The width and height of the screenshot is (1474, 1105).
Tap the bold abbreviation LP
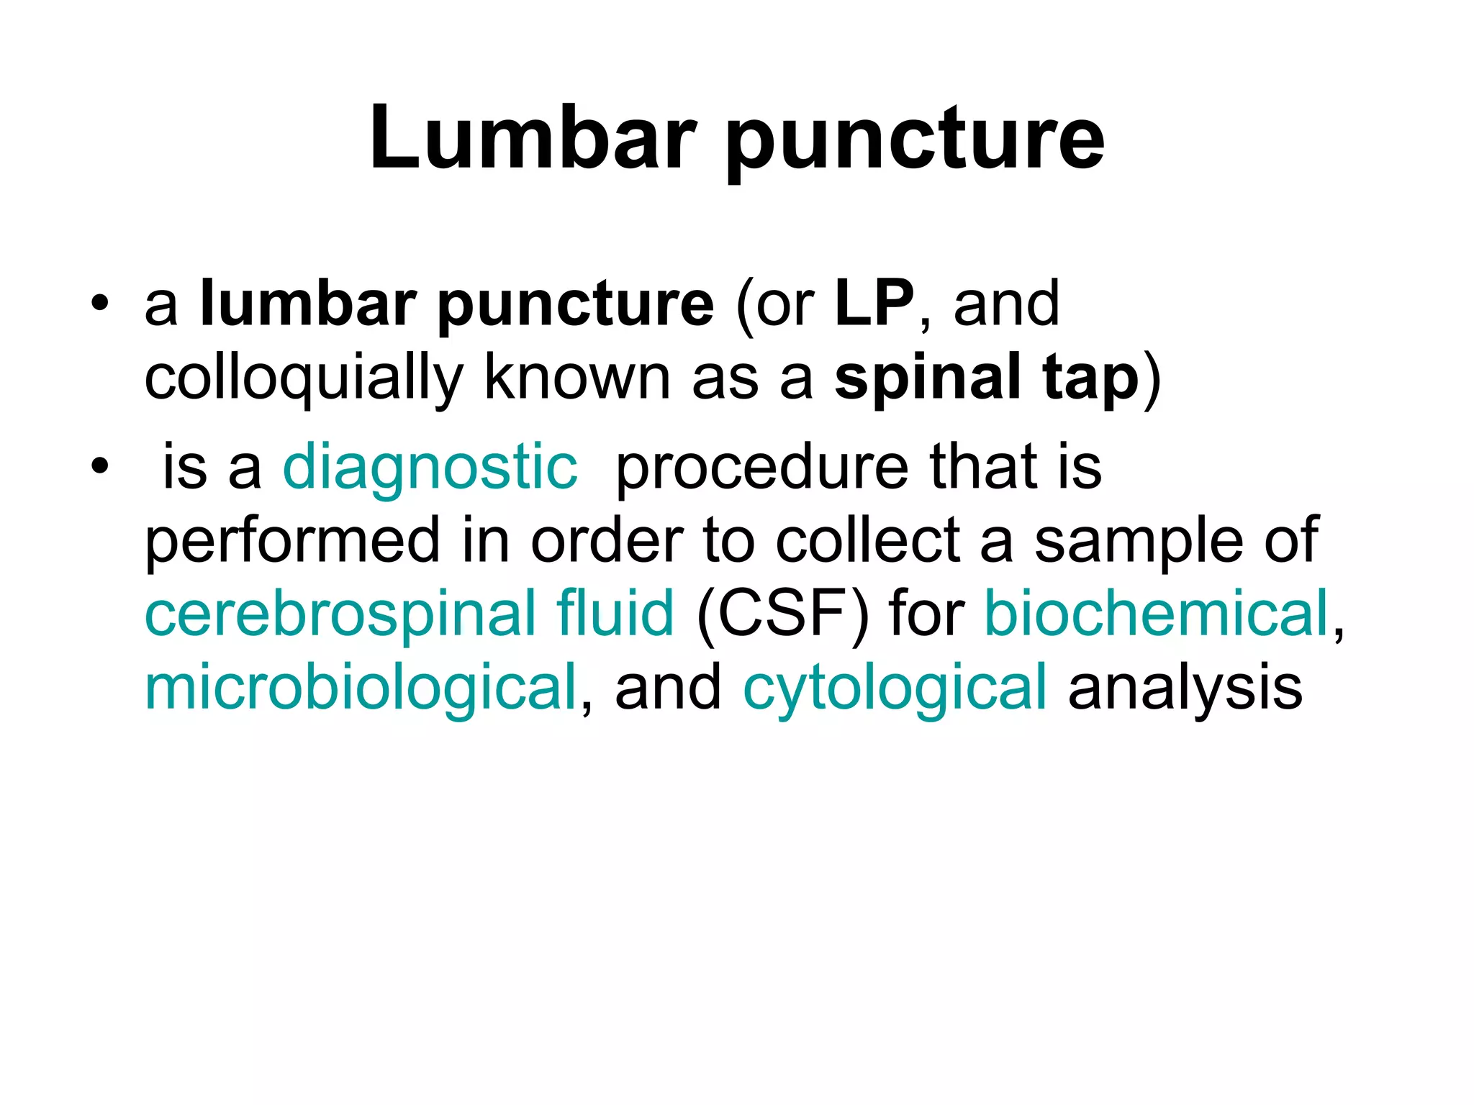point(874,304)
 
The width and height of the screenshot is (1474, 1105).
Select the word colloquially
point(303,378)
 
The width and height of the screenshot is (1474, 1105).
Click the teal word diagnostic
point(430,468)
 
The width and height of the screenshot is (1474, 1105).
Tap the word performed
point(292,541)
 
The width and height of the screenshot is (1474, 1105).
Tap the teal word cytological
point(895,689)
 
